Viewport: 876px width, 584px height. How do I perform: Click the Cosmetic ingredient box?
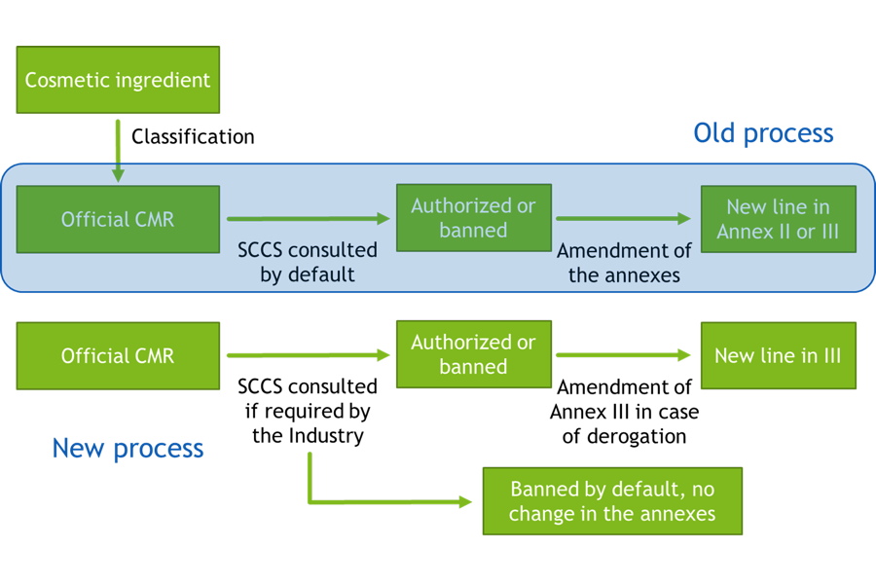pyautogui.click(x=118, y=80)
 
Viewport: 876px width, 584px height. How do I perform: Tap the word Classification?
pyautogui.click(x=193, y=137)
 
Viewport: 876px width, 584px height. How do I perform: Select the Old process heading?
pyautogui.click(x=763, y=133)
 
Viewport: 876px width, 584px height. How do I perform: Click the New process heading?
pyautogui.click(x=128, y=448)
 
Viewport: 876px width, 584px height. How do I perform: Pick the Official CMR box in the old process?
pyautogui.click(x=118, y=220)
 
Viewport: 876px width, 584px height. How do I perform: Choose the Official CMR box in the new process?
pyautogui.click(x=118, y=356)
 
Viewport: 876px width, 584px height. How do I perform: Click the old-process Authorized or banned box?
pyautogui.click(x=474, y=218)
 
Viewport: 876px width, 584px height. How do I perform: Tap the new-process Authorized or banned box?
pyautogui.click(x=474, y=354)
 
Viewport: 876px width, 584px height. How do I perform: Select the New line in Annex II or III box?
pyautogui.click(x=779, y=219)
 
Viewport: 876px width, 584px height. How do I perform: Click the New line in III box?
pyautogui.click(x=779, y=355)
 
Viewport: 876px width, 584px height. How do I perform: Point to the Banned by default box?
pyautogui.click(x=612, y=501)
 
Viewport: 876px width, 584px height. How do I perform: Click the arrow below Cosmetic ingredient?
pyautogui.click(x=118, y=150)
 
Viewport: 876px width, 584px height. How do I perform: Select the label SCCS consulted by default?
pyautogui.click(x=308, y=262)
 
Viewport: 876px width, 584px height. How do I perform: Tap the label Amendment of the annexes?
pyautogui.click(x=624, y=263)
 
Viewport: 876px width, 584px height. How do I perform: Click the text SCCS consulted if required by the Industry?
pyautogui.click(x=308, y=411)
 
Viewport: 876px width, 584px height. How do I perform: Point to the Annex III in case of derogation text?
pyautogui.click(x=624, y=423)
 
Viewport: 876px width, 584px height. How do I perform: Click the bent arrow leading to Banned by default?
pyautogui.click(x=310, y=501)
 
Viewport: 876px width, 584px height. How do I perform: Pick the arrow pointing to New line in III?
pyautogui.click(x=624, y=355)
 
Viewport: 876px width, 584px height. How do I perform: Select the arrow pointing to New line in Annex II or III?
pyautogui.click(x=624, y=218)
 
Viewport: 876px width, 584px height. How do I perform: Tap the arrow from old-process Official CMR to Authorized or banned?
pyautogui.click(x=309, y=218)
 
